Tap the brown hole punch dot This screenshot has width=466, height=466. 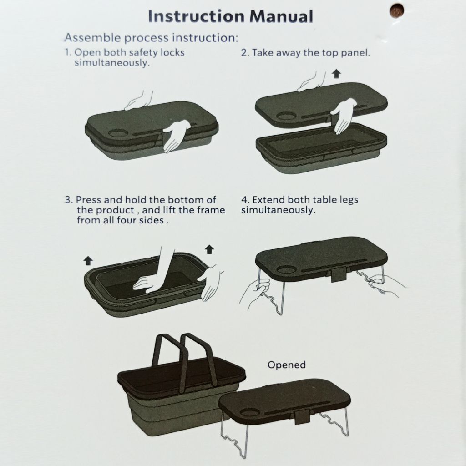coord(397,11)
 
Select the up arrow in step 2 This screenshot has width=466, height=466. coord(336,73)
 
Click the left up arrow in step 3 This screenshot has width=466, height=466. coord(88,261)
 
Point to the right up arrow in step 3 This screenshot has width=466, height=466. coord(209,249)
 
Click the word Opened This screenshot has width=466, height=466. coord(287,365)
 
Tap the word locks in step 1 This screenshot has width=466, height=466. coord(172,53)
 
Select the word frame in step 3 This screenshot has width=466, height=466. coord(210,210)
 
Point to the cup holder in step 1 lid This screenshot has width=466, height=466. coord(118,132)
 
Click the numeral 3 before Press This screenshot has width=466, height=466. coord(68,200)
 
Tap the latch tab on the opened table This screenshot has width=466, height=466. coord(303,417)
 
